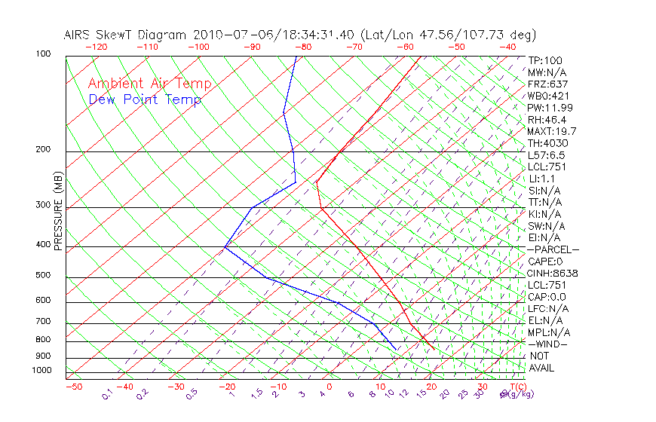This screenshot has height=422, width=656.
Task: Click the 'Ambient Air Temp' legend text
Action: (149, 84)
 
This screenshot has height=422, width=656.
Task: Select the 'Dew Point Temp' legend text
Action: (145, 99)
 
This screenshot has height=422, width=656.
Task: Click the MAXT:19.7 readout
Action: (551, 132)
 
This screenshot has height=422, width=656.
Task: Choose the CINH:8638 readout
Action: (550, 274)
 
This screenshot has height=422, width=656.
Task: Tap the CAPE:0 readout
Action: (546, 261)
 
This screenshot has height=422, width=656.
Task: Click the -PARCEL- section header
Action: (553, 249)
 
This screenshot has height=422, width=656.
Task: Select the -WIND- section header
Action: (548, 344)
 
